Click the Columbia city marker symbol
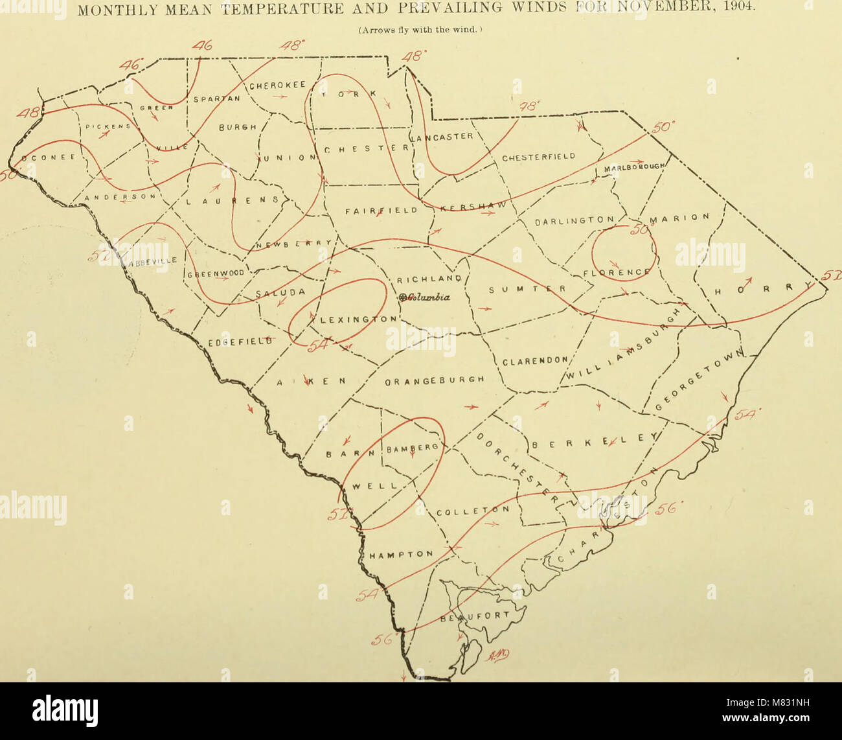tap(403, 297)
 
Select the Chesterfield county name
tap(539, 157)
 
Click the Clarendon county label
tap(535, 361)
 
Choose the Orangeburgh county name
tap(435, 380)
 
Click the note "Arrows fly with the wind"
tap(421, 29)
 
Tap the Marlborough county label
tap(634, 167)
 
